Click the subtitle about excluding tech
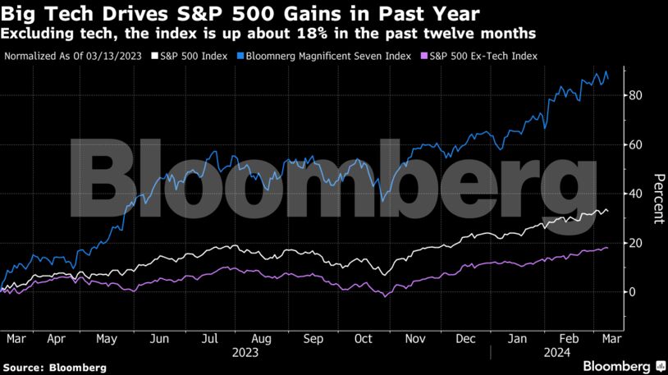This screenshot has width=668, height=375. pos(270,34)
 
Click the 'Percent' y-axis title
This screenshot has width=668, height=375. pos(657,199)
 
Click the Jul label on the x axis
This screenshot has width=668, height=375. pos(209,337)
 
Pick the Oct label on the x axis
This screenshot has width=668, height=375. pos(363,337)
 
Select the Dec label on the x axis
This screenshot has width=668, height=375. pos(465,337)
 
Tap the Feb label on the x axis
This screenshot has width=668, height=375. pos(568,337)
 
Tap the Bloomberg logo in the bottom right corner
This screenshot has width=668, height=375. pos(624,364)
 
